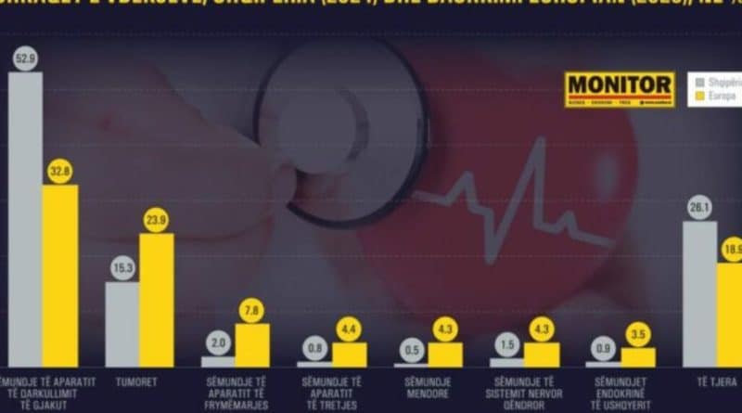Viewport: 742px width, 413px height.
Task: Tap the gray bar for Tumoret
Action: [122, 324]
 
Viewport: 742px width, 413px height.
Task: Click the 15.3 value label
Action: [122, 269]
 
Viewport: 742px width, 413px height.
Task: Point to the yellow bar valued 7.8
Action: [252, 344]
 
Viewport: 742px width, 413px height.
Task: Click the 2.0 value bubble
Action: [218, 344]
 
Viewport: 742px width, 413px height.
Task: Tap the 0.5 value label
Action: [411, 351]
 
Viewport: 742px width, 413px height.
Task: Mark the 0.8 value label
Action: [314, 350]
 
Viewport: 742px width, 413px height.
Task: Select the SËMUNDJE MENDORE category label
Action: [427, 387]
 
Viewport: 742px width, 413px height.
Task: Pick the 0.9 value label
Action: [604, 350]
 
